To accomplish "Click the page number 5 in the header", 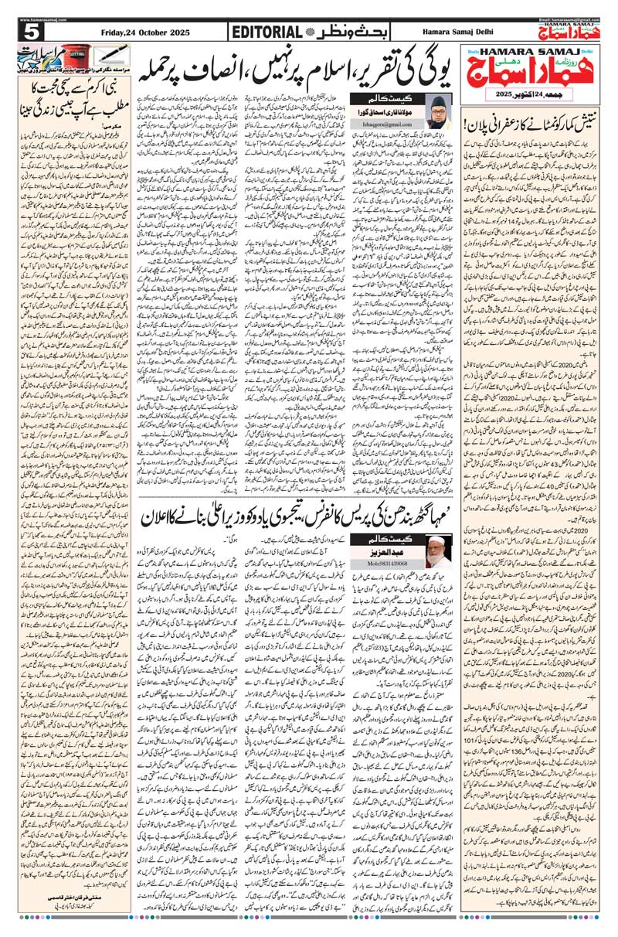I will point(32,32).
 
